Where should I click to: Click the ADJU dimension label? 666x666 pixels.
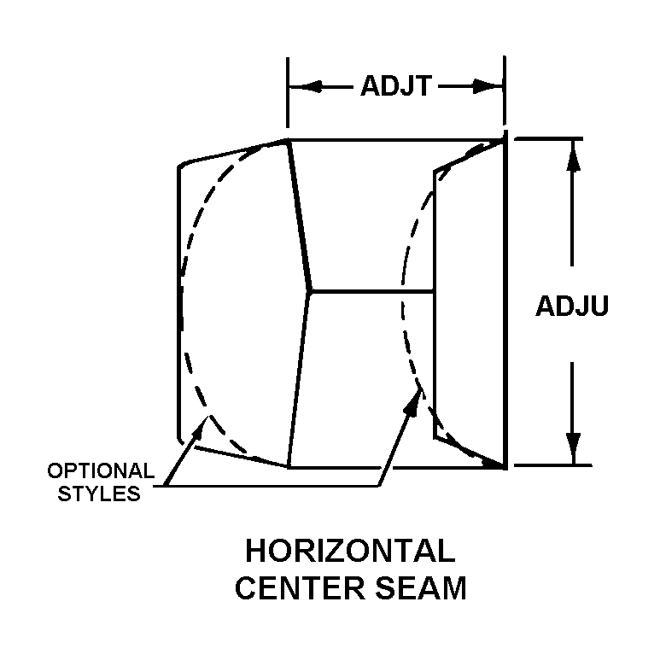click(x=572, y=306)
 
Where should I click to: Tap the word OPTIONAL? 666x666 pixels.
click(x=101, y=470)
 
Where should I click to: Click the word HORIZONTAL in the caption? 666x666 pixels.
click(x=350, y=552)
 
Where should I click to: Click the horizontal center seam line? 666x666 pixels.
click(x=371, y=292)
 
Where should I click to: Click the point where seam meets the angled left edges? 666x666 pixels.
click(x=309, y=292)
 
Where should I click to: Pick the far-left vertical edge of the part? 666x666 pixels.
click(x=178, y=299)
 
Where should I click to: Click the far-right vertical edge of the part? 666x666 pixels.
click(x=507, y=299)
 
